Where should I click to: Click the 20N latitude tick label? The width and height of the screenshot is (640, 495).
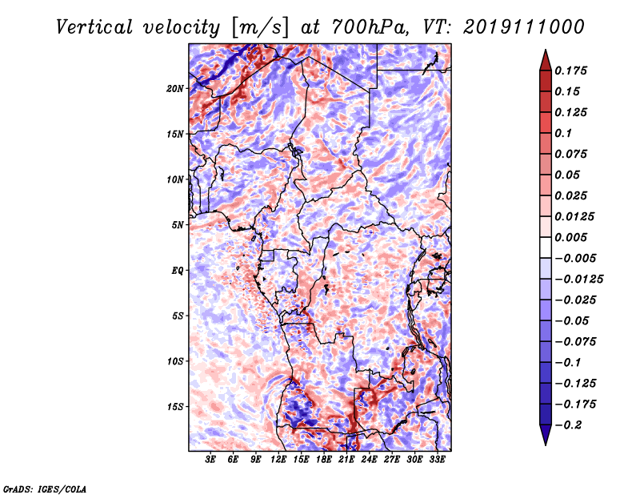(175, 88)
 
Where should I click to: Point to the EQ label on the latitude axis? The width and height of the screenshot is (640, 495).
(178, 270)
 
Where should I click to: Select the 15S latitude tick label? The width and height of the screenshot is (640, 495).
(175, 406)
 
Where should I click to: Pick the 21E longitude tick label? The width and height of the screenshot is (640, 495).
(346, 461)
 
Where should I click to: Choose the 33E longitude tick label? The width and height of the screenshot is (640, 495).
(437, 461)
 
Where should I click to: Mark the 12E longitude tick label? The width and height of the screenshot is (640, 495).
(278, 461)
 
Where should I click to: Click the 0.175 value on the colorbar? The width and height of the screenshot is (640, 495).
(573, 70)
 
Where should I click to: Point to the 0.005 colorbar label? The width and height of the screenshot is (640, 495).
(573, 237)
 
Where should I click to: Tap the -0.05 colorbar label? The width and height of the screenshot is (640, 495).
(574, 320)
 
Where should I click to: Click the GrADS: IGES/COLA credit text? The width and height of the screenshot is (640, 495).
(44, 488)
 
